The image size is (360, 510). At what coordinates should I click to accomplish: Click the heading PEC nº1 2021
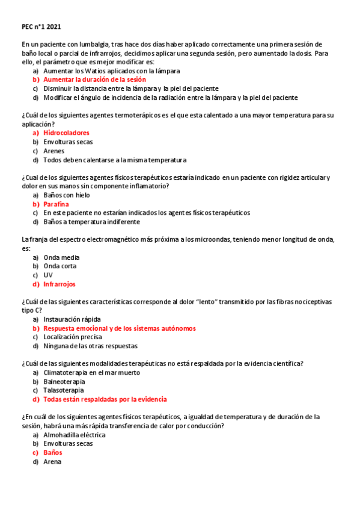click(41, 27)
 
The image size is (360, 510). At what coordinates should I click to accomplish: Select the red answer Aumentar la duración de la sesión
click(94, 79)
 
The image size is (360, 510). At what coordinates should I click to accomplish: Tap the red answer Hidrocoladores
click(66, 133)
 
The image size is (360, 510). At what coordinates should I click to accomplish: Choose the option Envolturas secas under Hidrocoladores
click(68, 142)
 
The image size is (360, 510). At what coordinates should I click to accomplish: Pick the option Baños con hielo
click(67, 195)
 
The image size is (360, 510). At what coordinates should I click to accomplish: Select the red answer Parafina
click(56, 204)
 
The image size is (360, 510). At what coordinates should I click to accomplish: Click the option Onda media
click(61, 257)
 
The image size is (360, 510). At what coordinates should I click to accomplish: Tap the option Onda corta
click(60, 266)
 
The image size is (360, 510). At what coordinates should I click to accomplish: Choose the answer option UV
click(48, 275)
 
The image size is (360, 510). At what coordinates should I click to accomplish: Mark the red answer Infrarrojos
click(59, 284)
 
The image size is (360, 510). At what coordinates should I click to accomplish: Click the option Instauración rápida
click(72, 319)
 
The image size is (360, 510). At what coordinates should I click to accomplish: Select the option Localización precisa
click(72, 337)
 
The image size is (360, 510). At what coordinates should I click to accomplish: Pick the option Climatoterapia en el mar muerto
click(91, 373)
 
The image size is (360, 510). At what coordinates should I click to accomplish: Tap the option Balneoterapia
click(64, 382)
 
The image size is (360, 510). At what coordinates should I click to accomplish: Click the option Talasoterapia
click(63, 390)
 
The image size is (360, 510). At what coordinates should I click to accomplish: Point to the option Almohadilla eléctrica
click(75, 435)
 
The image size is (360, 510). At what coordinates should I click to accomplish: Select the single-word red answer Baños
click(52, 453)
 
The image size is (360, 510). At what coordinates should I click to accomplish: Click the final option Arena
click(52, 462)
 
